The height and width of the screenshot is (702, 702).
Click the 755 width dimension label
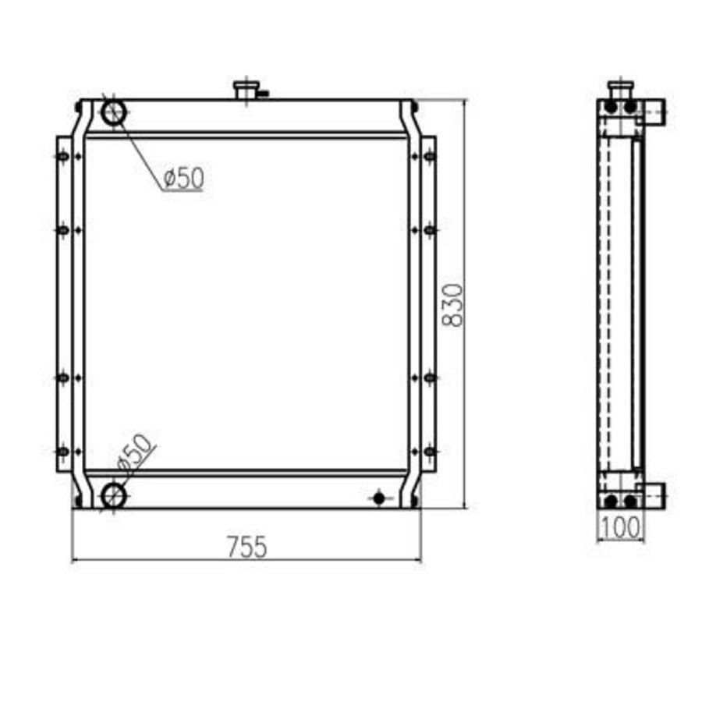coord(246,547)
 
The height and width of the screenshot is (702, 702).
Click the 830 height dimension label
coord(452,305)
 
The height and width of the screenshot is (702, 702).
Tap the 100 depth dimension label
coord(620,527)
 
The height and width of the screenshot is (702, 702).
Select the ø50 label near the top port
coord(184,178)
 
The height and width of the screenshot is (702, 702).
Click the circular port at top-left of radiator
coord(113,112)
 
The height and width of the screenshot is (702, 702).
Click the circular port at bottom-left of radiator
coord(113,495)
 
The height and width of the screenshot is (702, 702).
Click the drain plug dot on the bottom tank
coord(379,498)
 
